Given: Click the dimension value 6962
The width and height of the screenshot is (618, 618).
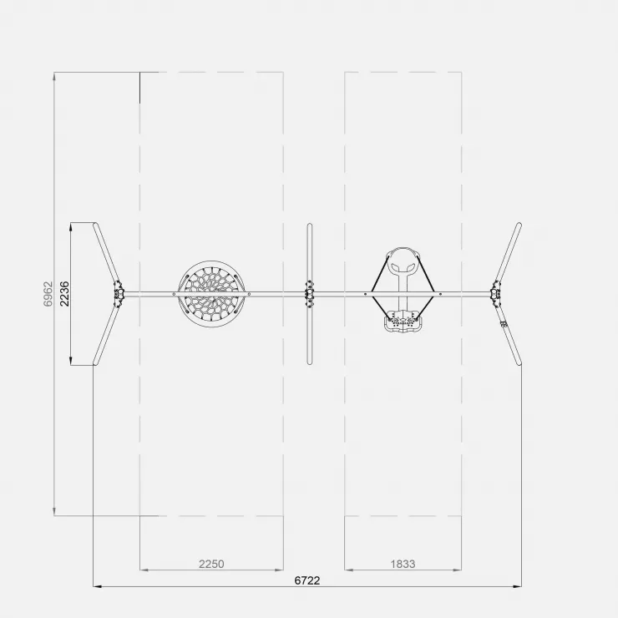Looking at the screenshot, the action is coord(48,294).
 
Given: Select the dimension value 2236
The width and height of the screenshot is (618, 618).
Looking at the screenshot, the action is coord(64,294).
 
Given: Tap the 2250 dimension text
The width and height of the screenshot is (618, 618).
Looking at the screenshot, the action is coord(211,564).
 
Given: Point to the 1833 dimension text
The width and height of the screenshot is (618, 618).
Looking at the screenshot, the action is coord(403,564).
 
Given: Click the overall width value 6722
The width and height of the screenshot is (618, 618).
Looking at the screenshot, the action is coord(307,580).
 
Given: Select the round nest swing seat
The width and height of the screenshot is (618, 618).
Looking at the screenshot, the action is coord(211,294).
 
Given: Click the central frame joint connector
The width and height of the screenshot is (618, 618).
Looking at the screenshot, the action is coord(309,294).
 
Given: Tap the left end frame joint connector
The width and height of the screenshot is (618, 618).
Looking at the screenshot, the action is coord(119,294).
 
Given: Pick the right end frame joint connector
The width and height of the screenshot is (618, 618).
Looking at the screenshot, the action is coord(496,294).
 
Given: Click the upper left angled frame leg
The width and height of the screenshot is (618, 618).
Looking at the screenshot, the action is coord(106,253).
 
